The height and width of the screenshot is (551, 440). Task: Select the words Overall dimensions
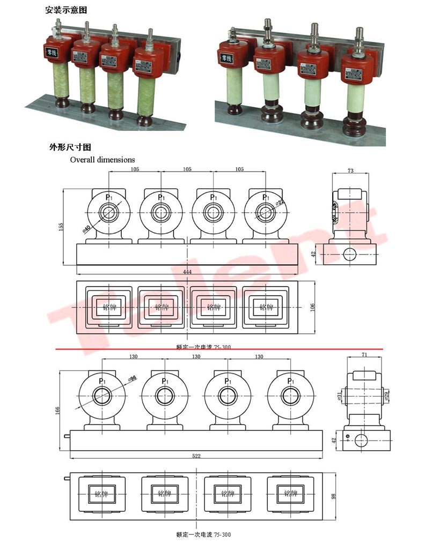coord(102,159)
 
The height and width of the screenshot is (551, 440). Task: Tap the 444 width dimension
coord(187,272)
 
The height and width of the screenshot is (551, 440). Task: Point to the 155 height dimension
coord(61,227)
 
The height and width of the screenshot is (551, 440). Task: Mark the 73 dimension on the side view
coord(350,170)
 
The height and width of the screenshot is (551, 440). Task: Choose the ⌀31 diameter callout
coord(339,397)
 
